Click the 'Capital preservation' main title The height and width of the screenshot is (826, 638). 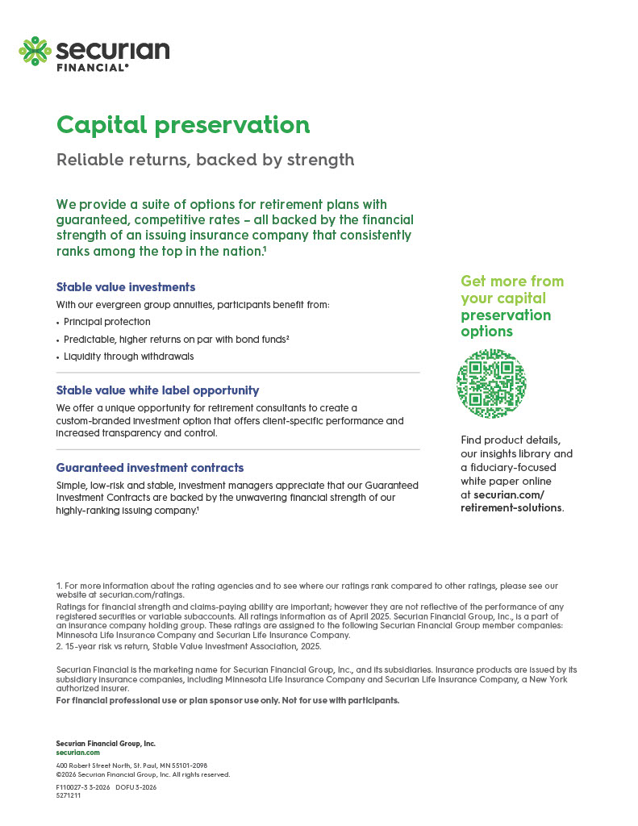tap(183, 125)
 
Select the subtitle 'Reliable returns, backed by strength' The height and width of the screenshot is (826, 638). tap(205, 160)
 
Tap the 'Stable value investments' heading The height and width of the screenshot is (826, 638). tap(126, 287)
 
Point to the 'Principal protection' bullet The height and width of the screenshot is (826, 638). tap(107, 322)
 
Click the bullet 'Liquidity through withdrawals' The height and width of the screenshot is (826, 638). tap(129, 356)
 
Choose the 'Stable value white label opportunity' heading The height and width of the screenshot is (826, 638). tap(157, 390)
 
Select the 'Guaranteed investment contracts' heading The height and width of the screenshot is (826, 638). tap(150, 468)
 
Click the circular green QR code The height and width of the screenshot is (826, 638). tap(491, 384)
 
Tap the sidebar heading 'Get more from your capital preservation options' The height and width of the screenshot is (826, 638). tap(511, 306)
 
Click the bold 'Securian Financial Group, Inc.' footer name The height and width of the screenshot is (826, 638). tap(106, 743)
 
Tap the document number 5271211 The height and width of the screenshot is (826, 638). tap(69, 795)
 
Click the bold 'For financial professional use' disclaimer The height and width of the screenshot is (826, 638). tap(227, 700)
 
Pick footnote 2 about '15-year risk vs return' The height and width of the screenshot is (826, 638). tap(189, 646)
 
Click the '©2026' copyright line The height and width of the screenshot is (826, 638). tap(143, 774)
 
